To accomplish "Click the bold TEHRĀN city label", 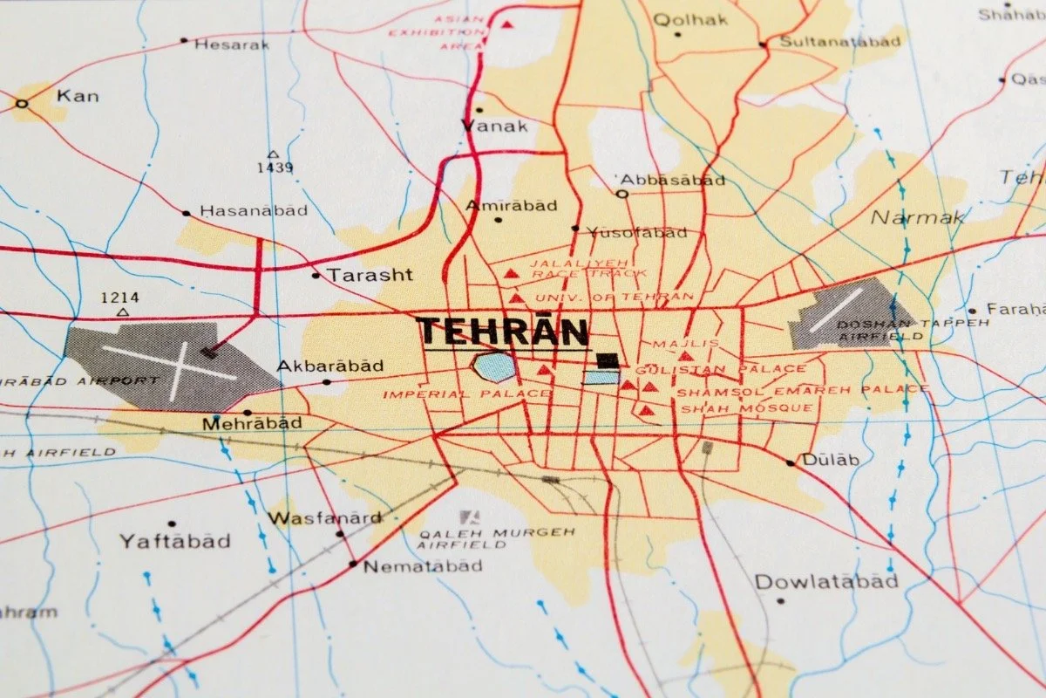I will (x=502, y=332).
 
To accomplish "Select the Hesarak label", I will (x=231, y=44).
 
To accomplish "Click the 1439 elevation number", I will (x=275, y=168).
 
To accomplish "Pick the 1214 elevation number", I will (x=119, y=298).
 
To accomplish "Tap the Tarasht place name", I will (x=370, y=275).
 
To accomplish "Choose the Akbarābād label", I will (x=330, y=366).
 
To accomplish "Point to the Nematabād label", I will (x=423, y=566).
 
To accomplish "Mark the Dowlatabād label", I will (x=826, y=581).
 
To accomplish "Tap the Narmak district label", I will (x=918, y=217).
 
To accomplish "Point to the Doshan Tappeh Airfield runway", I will (x=835, y=310).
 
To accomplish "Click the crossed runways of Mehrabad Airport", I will (x=170, y=363).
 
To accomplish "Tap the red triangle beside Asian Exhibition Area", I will (x=506, y=24).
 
